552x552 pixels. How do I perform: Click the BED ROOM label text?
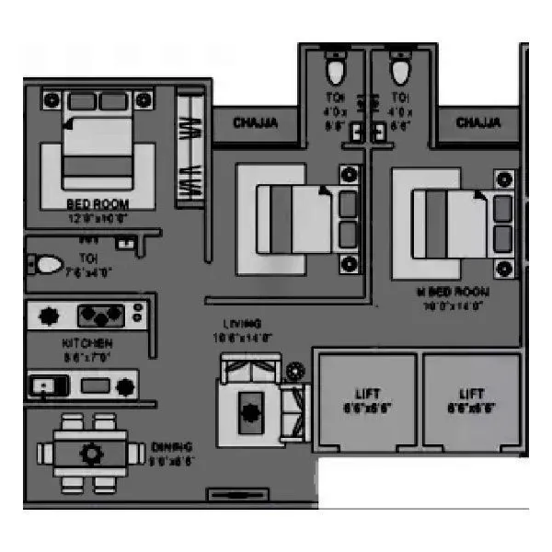pos(98,203)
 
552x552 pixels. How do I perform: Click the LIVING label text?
pos(244,324)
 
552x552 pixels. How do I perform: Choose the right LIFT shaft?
pos(472,399)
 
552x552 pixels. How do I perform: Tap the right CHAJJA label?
pos(478,121)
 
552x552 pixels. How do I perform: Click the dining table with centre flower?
pos(89,453)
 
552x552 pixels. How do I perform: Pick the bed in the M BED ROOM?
pos(451,224)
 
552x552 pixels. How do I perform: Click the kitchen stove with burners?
pos(100,316)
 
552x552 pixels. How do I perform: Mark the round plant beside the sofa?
pos(293,372)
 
